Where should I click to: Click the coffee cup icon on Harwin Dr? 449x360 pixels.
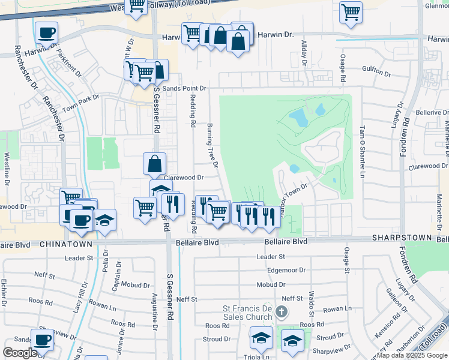point(46,33)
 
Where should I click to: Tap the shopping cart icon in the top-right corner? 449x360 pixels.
point(351,12)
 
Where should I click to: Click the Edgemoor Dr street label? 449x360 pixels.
point(288,271)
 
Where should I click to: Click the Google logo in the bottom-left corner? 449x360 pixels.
point(20,353)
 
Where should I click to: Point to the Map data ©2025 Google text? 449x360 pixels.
point(412,355)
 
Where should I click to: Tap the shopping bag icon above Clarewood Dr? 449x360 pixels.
point(154,163)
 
